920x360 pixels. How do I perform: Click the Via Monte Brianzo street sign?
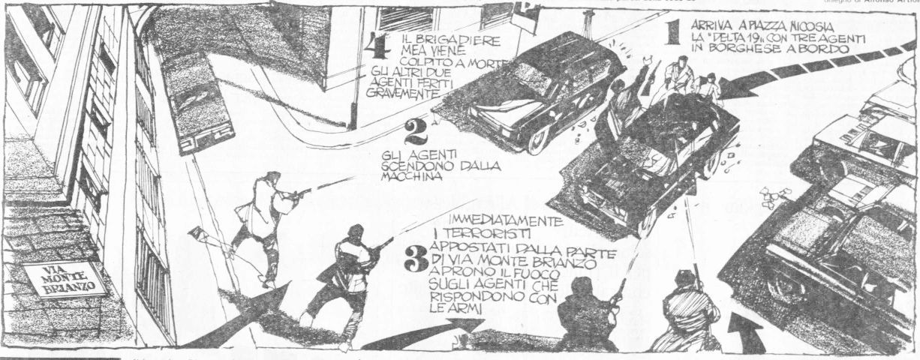pyautogui.click(x=65, y=280)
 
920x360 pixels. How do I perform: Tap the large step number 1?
pyautogui.click(x=672, y=32)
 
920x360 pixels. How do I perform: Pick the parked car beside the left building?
pyautogui.click(x=197, y=101)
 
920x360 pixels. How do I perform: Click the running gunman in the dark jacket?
pyautogui.click(x=345, y=277)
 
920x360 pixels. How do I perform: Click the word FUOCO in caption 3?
pyautogui.click(x=537, y=275)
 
